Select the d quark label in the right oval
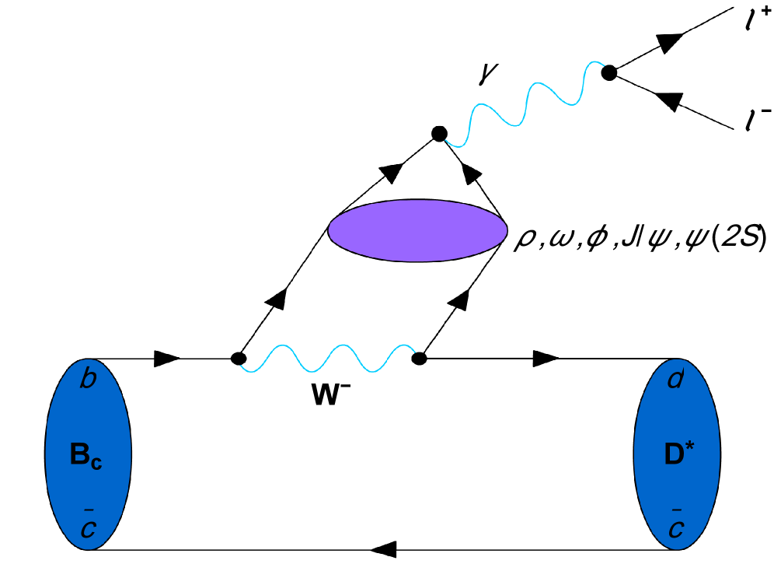pos(675,380)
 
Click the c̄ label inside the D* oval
pos(675,523)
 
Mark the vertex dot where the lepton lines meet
pos(609,72)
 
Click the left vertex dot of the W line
pos(239,359)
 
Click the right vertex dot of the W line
pos(420,359)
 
